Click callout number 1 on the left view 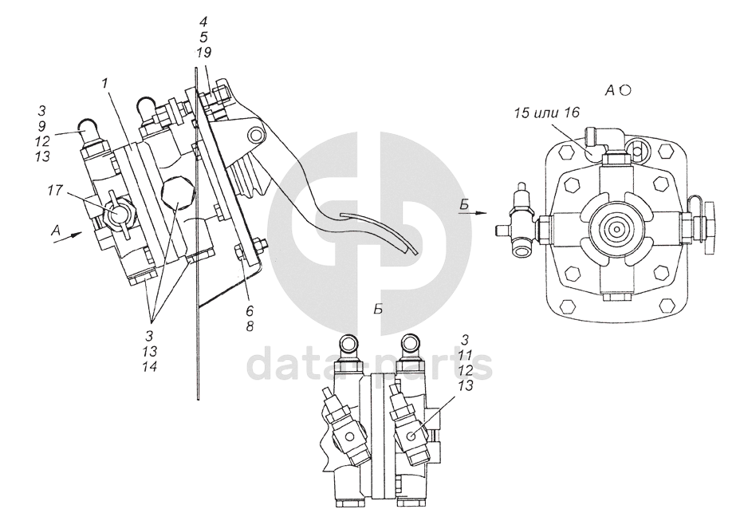coord(104,84)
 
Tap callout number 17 coord(55,191)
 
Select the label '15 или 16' coord(547,112)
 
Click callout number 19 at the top coord(203,52)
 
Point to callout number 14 coord(150,366)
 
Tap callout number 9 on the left coord(42,127)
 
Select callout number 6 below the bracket coord(249,310)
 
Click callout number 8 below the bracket coord(249,326)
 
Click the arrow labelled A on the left coord(69,237)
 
